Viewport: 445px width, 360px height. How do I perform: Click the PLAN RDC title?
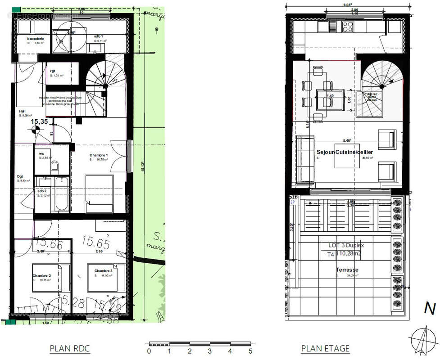(69, 349)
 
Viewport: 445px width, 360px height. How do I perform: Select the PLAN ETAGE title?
(325, 349)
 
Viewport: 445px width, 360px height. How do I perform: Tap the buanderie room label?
(36, 39)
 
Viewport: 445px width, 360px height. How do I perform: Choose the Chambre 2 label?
(41, 275)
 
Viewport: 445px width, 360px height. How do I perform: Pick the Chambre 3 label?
(103, 271)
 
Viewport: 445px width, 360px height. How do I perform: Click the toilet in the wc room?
(54, 167)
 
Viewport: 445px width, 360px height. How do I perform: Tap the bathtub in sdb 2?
(62, 194)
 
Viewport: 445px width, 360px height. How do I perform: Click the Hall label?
(22, 111)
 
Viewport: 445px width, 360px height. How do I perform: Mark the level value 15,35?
(39, 121)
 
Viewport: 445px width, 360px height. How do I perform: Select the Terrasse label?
(347, 270)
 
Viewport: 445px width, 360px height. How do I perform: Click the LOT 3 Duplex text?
(346, 246)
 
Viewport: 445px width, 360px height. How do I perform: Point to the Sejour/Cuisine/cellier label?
(345, 152)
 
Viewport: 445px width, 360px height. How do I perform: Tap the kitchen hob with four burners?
(347, 27)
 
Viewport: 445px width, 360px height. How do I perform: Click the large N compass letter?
(430, 309)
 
